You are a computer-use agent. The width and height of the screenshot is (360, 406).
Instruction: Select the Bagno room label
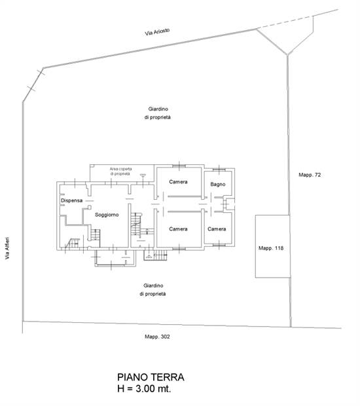pyautogui.click(x=218, y=185)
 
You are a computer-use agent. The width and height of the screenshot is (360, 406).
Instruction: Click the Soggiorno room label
pyautogui.click(x=106, y=215)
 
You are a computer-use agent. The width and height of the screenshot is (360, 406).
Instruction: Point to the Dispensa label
pyautogui.click(x=71, y=200)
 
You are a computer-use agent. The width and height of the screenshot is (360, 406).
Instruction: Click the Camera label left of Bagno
pyautogui.click(x=178, y=181)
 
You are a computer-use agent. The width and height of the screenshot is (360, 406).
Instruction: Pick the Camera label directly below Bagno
pyautogui.click(x=217, y=229)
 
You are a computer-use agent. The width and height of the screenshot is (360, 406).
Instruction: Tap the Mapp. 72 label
pyautogui.click(x=310, y=175)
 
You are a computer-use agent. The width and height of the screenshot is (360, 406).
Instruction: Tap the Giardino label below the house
pyautogui.click(x=153, y=289)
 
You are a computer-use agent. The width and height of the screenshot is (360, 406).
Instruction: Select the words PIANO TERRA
pyautogui.click(x=151, y=377)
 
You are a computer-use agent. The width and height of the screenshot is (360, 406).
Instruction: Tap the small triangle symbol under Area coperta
pyautogui.click(x=142, y=175)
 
